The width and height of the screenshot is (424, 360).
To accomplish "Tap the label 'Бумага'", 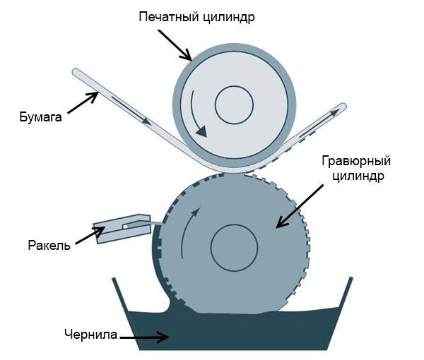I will [x=40, y=118].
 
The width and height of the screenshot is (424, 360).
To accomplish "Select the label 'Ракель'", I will [x=49, y=246].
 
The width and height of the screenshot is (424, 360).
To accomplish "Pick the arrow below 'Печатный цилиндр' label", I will [x=172, y=44].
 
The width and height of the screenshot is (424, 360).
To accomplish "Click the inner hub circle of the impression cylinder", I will [x=234, y=107].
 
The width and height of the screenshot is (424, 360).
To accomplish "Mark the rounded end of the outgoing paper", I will [x=343, y=108].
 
